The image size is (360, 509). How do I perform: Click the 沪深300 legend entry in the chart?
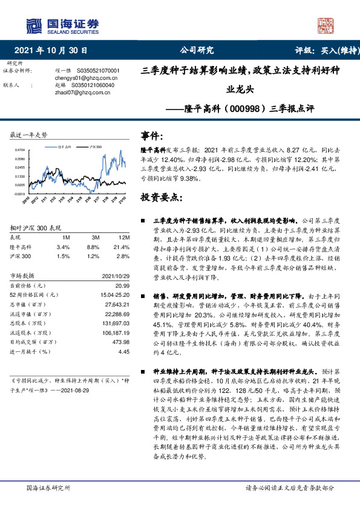[94, 146]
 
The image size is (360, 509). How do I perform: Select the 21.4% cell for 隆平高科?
[122, 247]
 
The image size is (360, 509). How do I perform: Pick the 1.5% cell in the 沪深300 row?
[62, 256]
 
